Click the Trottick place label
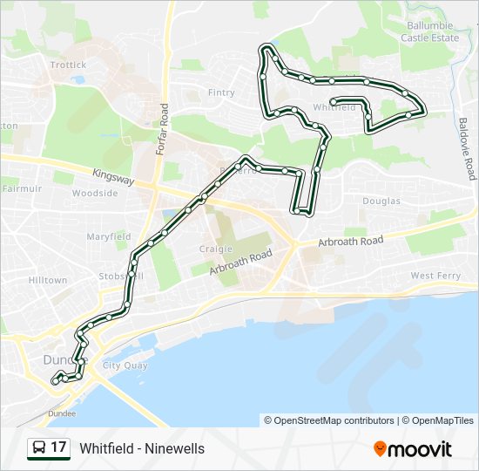tap(68, 65)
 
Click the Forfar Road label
tap(162, 130)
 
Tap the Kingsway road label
tap(113, 177)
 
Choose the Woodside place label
tap(95, 194)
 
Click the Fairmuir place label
tap(22, 188)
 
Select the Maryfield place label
tap(108, 236)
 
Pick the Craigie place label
tap(215, 249)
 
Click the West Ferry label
tap(435, 276)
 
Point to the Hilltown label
tap(47, 280)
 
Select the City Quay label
tap(123, 365)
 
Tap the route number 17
tap(58, 447)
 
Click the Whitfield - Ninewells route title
tap(142, 448)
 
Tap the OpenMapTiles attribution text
tap(442, 420)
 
